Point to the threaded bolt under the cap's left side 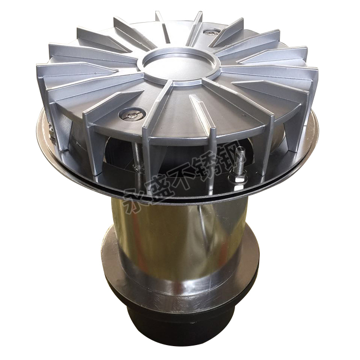pyautogui.click(x=138, y=156)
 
